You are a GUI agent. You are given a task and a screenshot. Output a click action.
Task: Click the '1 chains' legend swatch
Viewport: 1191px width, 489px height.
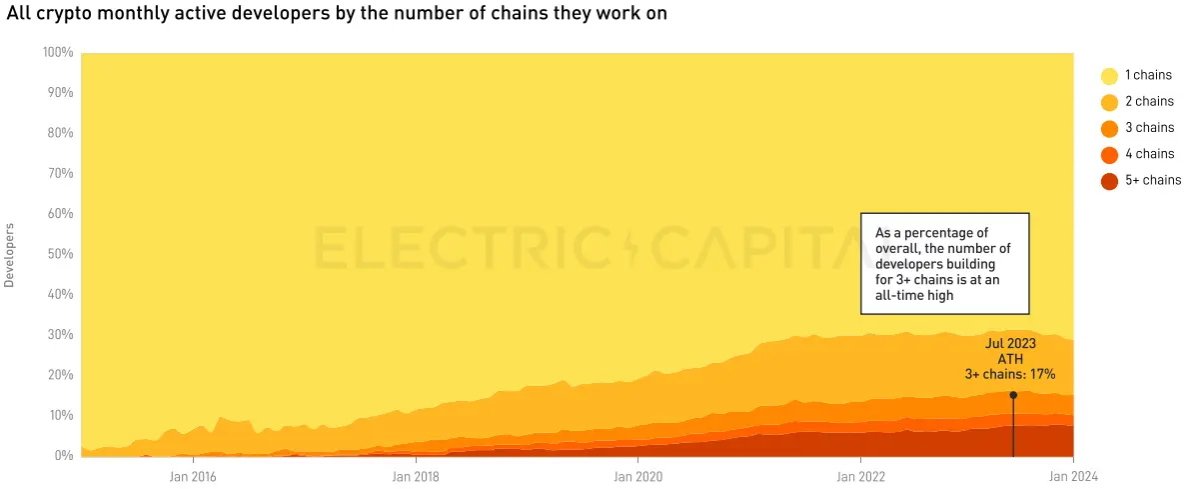[1109, 76]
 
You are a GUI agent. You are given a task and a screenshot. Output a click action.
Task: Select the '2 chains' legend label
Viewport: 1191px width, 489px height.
[1149, 102]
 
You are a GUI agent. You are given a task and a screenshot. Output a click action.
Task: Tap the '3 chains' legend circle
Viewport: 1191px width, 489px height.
[1109, 128]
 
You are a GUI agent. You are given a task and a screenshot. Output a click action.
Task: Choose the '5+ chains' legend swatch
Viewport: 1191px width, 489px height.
[1109, 181]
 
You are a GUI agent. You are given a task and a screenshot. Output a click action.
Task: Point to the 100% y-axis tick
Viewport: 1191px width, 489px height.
[58, 52]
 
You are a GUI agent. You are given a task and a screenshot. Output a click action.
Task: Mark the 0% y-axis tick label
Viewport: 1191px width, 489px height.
[63, 456]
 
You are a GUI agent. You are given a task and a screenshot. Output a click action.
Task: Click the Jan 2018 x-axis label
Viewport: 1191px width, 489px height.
[415, 477]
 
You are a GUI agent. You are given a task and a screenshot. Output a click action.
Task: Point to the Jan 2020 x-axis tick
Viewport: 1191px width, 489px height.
[637, 477]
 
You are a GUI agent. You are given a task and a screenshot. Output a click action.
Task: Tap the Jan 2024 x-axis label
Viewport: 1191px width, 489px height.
[1073, 477]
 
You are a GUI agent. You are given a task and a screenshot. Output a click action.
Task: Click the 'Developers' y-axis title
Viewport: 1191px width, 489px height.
[10, 254]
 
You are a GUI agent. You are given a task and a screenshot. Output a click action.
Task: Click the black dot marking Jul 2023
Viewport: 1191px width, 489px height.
[1013, 395]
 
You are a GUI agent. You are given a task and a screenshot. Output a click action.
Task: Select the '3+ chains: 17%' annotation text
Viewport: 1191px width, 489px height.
[1010, 374]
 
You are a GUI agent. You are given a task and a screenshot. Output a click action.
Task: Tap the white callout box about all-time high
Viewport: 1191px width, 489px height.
[944, 263]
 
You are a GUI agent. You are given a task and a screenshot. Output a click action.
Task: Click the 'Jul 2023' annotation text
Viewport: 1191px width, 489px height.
[1010, 343]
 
